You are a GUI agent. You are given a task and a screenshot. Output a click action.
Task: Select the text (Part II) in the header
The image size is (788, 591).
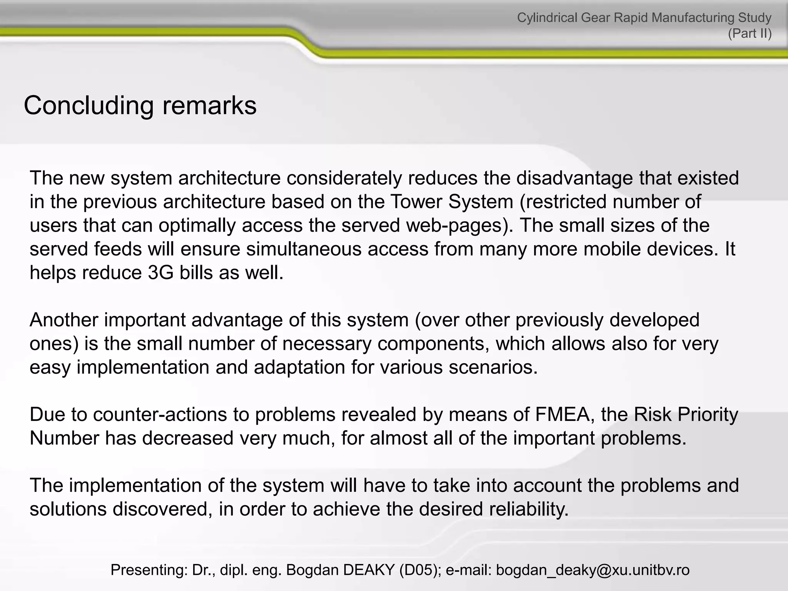(750, 34)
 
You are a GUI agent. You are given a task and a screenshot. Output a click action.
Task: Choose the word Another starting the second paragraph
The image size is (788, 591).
(63, 320)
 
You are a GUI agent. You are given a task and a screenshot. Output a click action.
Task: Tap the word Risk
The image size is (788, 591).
(652, 415)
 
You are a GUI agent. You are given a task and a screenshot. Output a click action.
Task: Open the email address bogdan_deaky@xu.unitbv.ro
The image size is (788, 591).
(593, 570)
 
